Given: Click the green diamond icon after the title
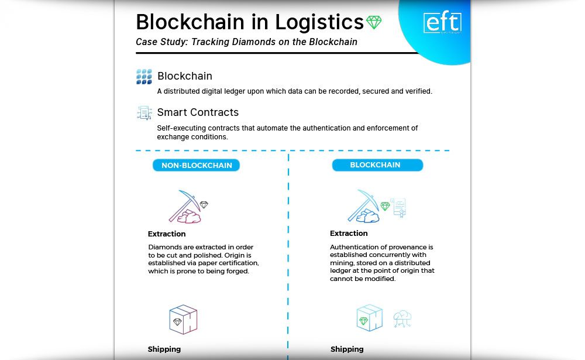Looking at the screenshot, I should (x=374, y=23).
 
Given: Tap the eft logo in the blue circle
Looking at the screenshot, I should (x=442, y=23).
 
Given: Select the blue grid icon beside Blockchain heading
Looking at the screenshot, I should (x=144, y=77).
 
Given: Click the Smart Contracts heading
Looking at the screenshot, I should (x=198, y=112).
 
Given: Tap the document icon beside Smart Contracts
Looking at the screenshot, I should (x=144, y=113).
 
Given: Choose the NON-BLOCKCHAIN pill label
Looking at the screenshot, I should (x=197, y=166).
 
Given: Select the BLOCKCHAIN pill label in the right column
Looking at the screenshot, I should (x=376, y=165).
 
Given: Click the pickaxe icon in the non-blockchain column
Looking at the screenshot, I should (x=184, y=207).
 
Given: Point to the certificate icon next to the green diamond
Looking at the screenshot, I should (x=399, y=207).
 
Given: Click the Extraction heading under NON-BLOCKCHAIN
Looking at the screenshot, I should (x=167, y=234).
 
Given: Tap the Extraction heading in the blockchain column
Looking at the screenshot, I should (x=349, y=234).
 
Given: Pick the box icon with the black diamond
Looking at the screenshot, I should (x=183, y=320).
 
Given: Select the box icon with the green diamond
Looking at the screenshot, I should (x=369, y=318).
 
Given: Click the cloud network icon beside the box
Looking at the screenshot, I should (x=402, y=318).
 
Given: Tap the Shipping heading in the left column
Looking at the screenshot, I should (x=164, y=349).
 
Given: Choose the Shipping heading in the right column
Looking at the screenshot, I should (x=347, y=349).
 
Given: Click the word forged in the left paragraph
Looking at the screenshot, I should (x=238, y=271).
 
